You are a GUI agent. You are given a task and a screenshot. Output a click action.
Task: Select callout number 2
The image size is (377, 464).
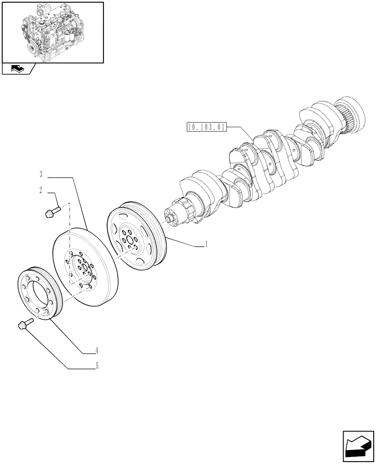(41, 190)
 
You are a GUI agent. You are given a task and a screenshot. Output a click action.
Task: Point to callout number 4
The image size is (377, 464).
(97, 351)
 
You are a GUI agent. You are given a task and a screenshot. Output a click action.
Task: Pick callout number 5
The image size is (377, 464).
(97, 366)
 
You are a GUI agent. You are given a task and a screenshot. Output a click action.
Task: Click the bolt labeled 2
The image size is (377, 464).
(50, 213)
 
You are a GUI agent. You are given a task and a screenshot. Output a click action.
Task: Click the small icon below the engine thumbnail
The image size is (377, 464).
(17, 70)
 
